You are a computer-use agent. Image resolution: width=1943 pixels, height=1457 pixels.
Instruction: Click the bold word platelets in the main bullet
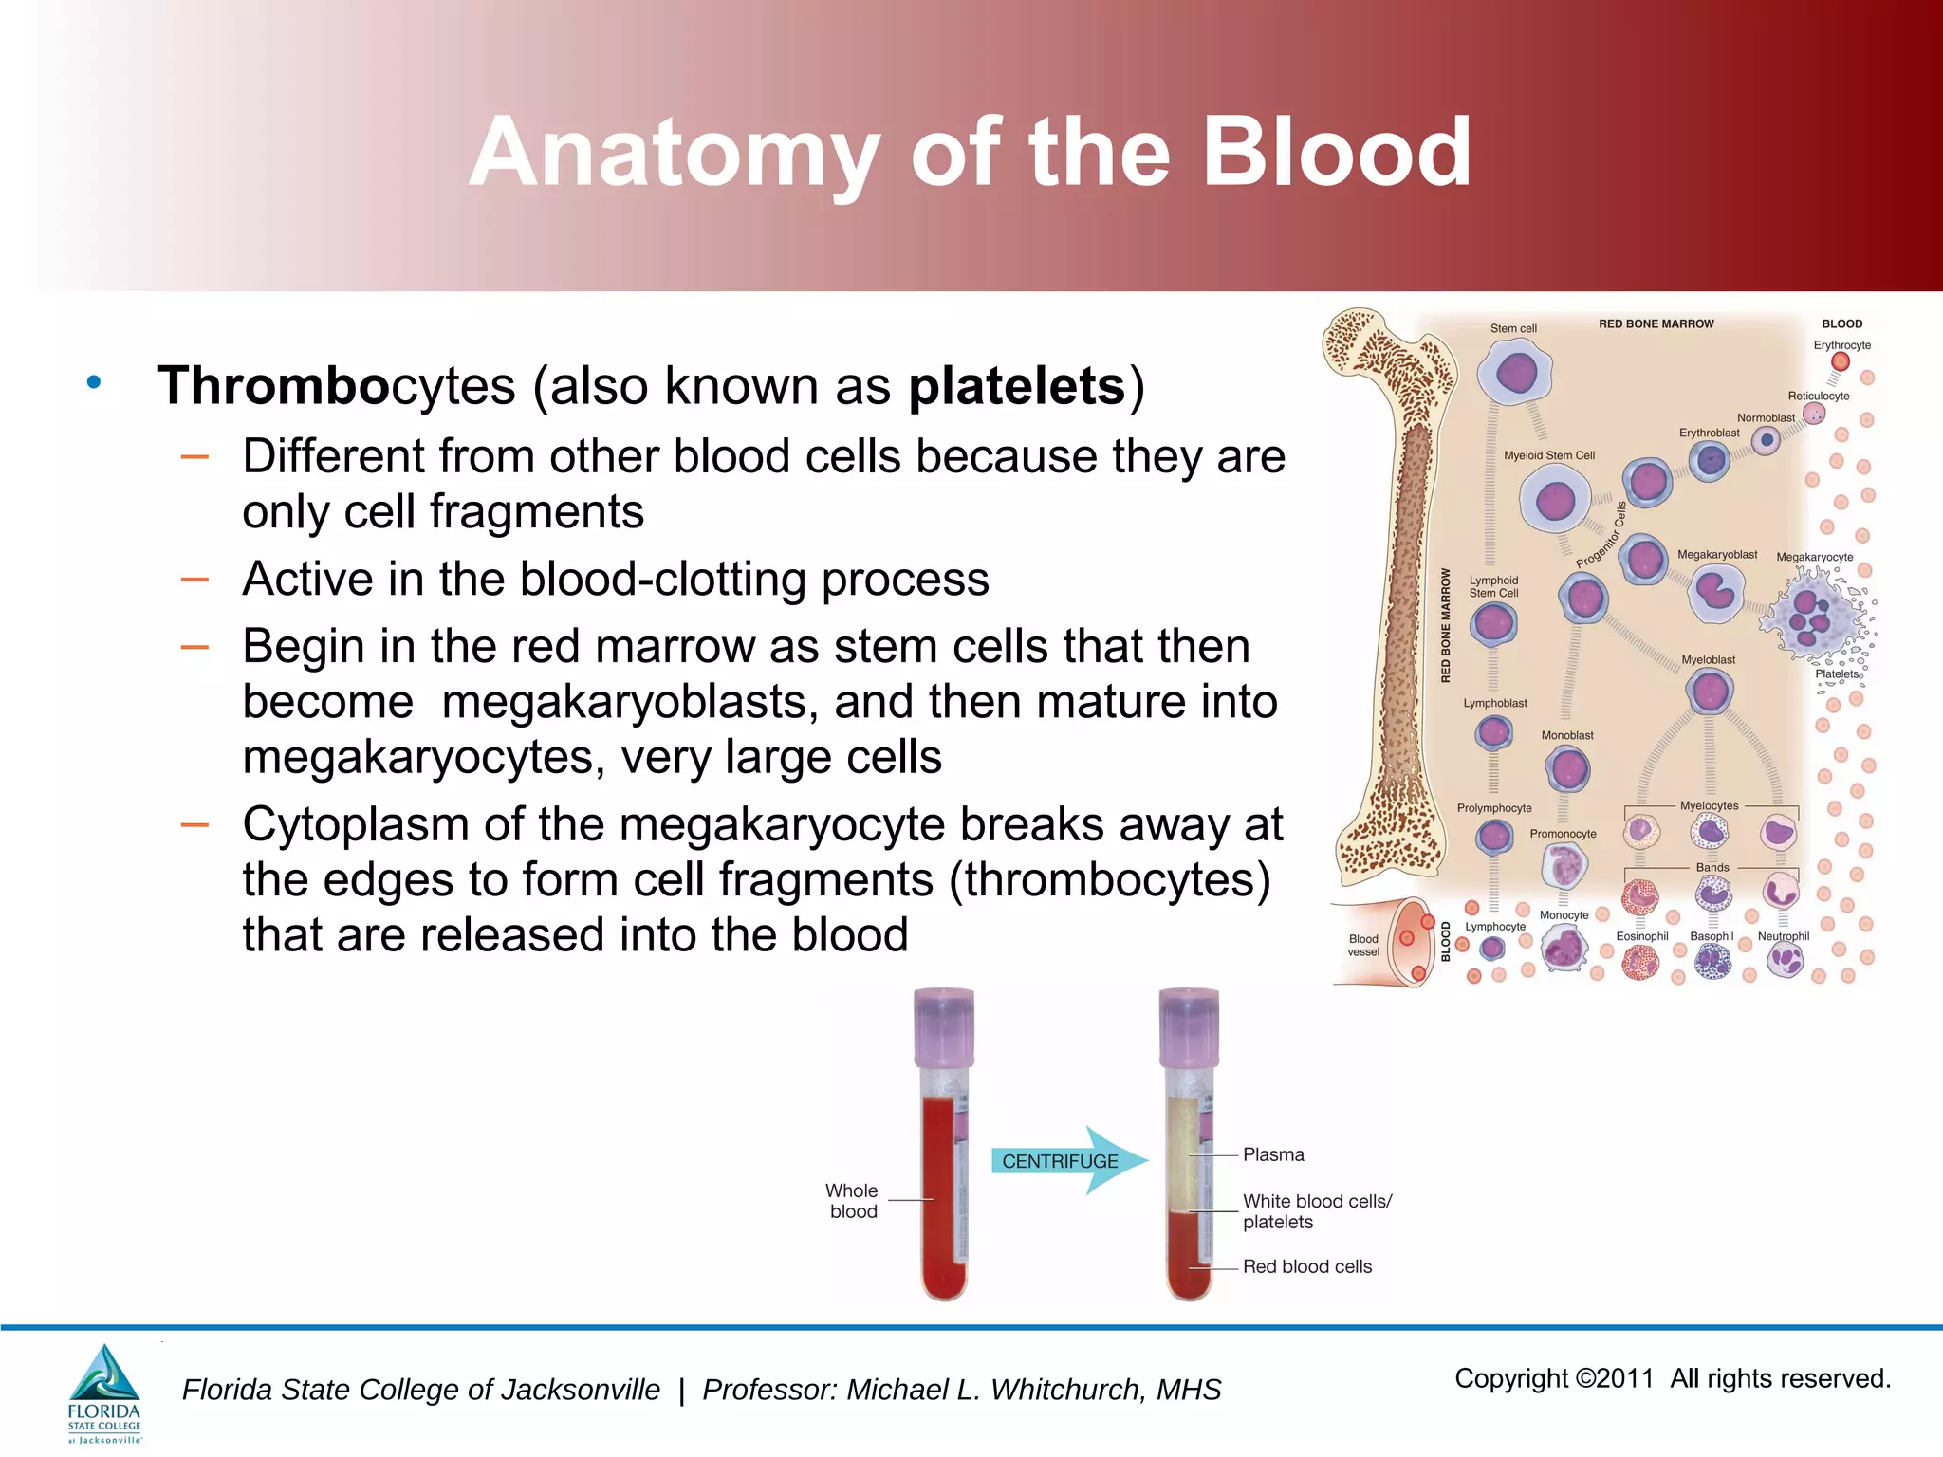point(1016,386)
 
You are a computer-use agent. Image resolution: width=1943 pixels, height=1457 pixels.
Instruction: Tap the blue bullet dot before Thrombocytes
point(93,382)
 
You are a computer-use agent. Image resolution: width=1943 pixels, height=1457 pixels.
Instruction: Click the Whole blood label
point(852,1201)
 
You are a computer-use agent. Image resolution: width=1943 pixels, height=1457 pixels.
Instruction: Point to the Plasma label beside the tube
point(1273,1154)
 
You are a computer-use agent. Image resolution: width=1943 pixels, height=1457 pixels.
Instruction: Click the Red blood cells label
point(1306,1266)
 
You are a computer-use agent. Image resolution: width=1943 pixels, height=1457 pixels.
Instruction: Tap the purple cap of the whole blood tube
point(943,1025)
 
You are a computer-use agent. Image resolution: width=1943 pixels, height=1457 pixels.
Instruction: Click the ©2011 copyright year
point(1614,1378)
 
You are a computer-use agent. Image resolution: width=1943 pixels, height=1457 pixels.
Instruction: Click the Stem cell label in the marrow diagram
point(1512,328)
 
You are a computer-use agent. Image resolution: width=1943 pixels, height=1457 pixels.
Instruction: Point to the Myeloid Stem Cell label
point(1548,455)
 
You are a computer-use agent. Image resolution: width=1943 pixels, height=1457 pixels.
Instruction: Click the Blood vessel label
point(1363,945)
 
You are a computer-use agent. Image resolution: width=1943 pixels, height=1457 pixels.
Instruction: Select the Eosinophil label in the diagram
point(1641,936)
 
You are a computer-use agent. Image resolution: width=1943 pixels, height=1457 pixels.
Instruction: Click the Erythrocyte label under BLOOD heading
point(1841,345)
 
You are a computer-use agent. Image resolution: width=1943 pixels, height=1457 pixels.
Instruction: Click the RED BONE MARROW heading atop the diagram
point(1656,323)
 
